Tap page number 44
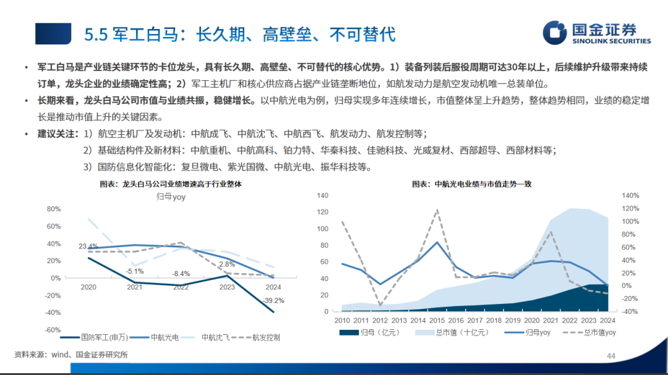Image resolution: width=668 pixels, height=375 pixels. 610,356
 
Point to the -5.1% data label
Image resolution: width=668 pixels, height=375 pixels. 135,271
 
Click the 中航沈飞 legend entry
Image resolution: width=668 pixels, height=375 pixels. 209,338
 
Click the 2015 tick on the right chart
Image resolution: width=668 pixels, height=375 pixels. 437,321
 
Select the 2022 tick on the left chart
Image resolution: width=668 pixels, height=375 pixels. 181,287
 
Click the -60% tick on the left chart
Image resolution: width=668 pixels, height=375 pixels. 53,330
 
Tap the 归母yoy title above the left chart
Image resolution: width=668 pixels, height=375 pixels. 171,197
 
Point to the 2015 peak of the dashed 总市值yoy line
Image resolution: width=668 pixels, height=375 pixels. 437,210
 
